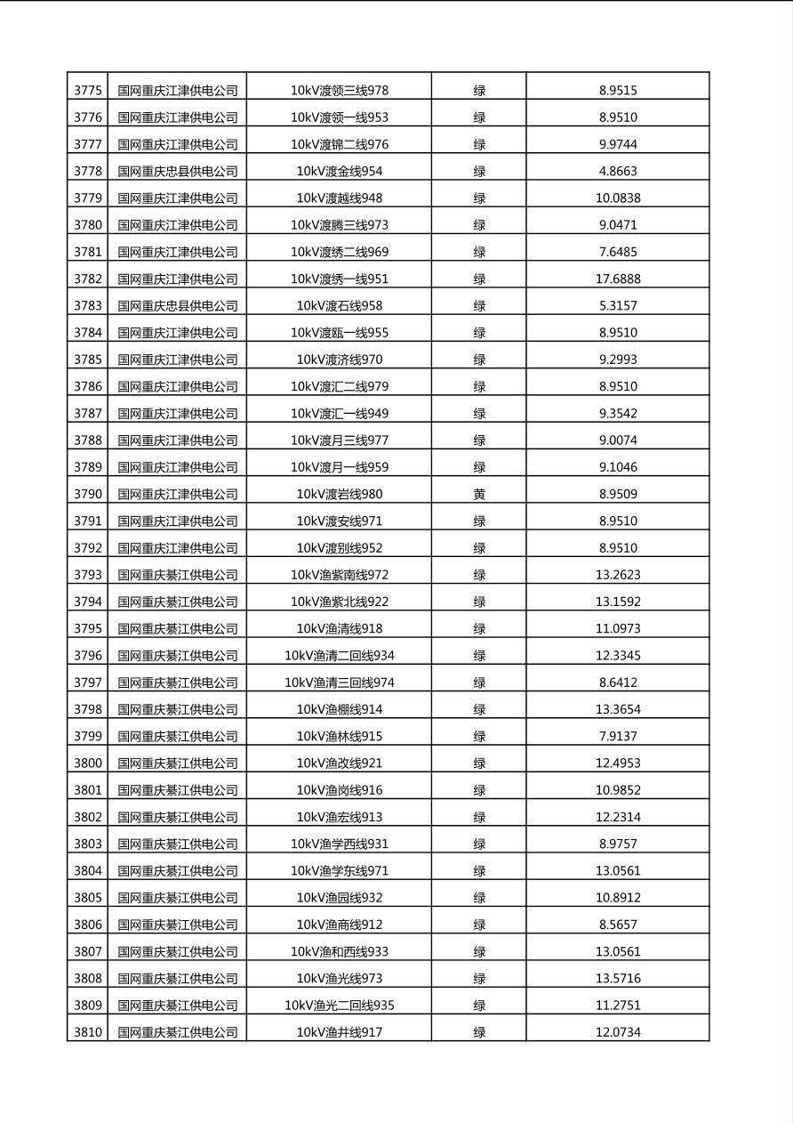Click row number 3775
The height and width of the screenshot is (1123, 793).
tap(87, 90)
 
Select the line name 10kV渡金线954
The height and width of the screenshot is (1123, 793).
tap(339, 171)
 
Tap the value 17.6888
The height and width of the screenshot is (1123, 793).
tap(617, 279)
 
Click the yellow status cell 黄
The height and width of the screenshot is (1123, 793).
tap(478, 494)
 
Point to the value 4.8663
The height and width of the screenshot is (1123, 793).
tap(617, 171)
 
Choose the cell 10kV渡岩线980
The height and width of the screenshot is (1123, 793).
tap(339, 494)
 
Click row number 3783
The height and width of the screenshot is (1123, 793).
tap(87, 305)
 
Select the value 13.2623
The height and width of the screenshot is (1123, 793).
tap(617, 575)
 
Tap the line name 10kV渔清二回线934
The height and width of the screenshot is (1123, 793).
tap(339, 656)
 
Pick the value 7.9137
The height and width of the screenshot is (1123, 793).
tap(617, 736)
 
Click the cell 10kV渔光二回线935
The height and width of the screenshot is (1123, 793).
tap(339, 1006)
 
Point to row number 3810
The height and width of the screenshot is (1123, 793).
tap(87, 1032)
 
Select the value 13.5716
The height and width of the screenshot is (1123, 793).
tap(617, 978)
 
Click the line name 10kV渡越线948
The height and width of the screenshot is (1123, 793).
tap(339, 198)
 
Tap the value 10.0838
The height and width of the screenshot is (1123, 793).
tap(617, 198)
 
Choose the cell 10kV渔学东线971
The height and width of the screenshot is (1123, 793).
tap(339, 870)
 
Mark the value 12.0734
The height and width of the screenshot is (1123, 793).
tap(617, 1032)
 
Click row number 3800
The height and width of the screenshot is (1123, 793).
tap(87, 763)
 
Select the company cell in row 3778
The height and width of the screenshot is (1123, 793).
tap(178, 171)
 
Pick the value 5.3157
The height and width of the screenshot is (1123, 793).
tap(617, 305)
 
